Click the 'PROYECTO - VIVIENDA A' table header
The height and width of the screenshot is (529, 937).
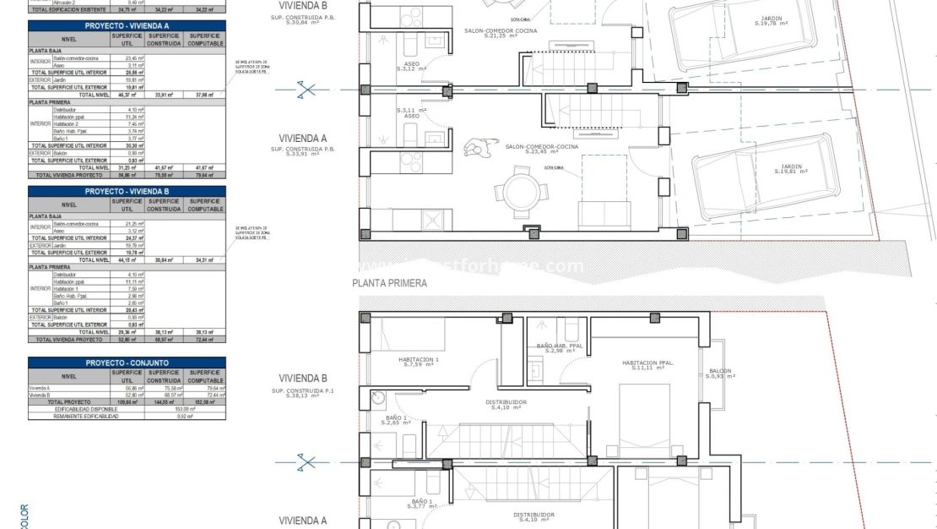click(127, 26)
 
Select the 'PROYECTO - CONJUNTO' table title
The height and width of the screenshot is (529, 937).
click(127, 363)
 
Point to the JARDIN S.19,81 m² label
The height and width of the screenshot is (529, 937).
click(791, 169)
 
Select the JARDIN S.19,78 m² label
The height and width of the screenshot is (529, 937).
click(771, 21)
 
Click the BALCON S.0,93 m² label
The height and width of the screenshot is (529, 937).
click(720, 374)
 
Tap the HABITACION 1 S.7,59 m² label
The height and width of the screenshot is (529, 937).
click(419, 362)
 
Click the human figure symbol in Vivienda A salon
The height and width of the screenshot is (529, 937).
click(477, 149)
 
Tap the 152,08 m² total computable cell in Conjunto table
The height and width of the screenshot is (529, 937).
click(205, 402)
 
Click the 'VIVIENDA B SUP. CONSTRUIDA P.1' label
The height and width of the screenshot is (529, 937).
click(302, 384)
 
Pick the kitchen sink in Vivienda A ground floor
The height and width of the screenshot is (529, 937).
click(433, 220)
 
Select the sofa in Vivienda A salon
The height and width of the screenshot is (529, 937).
click(604, 215)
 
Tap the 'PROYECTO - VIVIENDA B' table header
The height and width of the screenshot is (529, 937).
click(127, 191)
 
